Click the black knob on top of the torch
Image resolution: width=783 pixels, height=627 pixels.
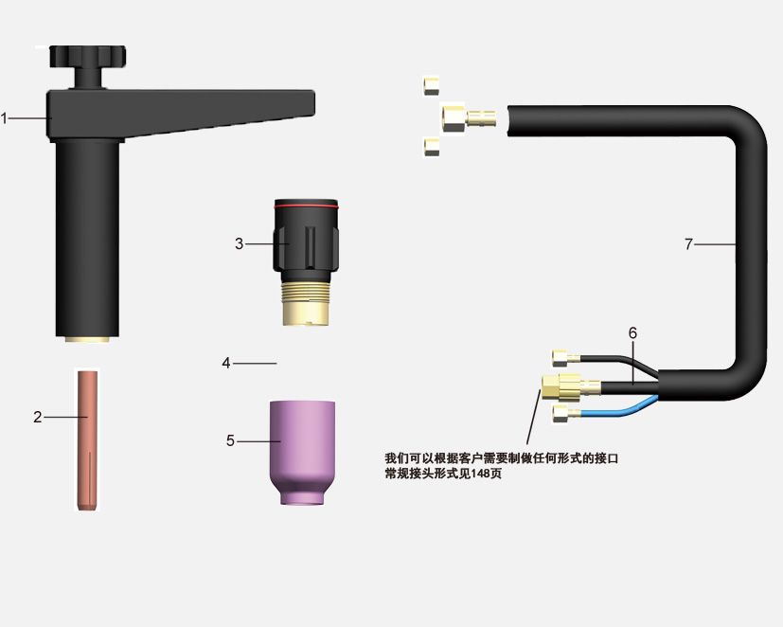(x=87, y=57)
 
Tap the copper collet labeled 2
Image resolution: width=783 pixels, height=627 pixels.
(x=87, y=439)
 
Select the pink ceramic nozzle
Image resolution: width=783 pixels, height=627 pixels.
(x=302, y=452)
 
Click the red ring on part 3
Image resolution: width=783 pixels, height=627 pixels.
(x=306, y=206)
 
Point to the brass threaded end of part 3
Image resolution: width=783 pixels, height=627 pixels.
(x=306, y=303)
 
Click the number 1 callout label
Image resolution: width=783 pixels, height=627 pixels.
(x=4, y=119)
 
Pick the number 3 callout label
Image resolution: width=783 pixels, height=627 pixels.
(x=240, y=243)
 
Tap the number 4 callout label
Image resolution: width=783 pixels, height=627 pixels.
(x=226, y=363)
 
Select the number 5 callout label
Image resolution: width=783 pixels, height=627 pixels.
(x=230, y=440)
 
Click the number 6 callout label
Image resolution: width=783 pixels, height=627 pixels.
(x=632, y=332)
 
